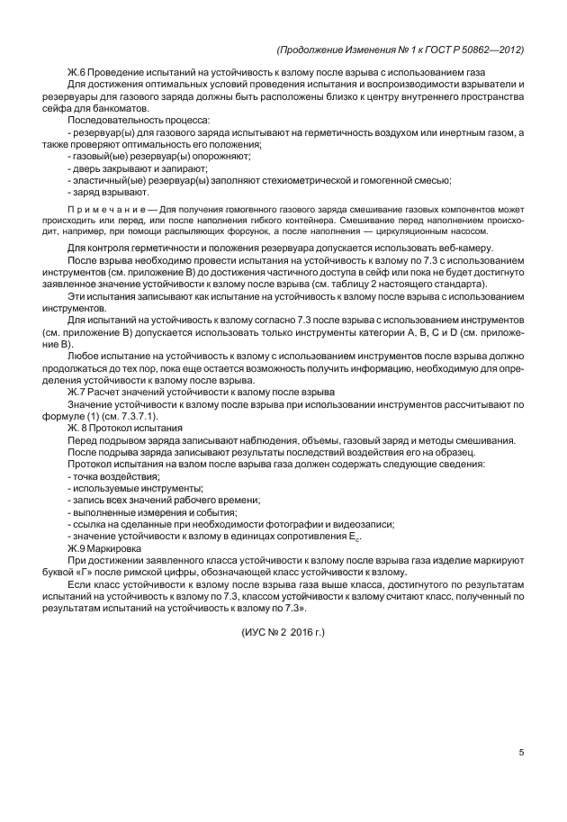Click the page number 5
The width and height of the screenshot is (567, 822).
(522, 754)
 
